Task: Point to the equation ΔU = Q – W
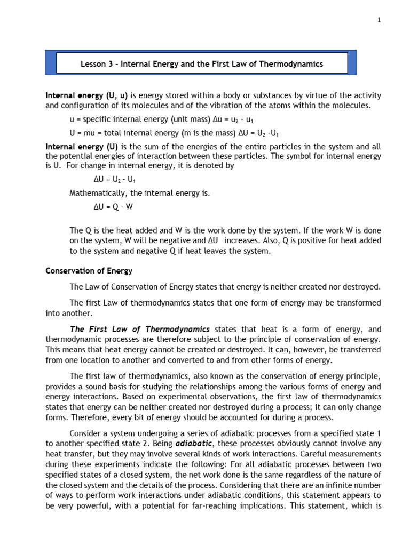[113, 208]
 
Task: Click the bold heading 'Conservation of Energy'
[89, 271]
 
